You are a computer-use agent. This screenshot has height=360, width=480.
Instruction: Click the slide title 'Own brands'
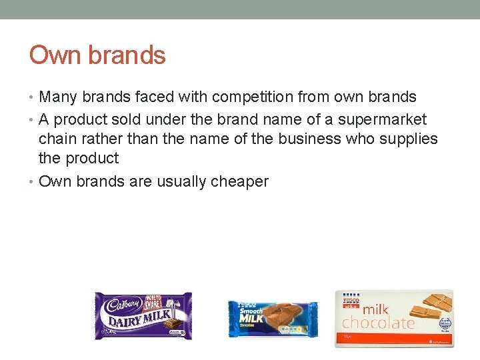(97, 55)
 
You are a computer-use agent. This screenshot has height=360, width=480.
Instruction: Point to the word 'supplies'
(408, 139)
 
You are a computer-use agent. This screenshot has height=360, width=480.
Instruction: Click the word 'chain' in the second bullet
(58, 139)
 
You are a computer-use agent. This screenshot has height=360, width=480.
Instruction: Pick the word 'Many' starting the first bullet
(57, 97)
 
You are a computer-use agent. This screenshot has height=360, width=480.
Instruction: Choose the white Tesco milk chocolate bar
(394, 318)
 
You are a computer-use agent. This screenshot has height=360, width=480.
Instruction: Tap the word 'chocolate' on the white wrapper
(378, 323)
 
